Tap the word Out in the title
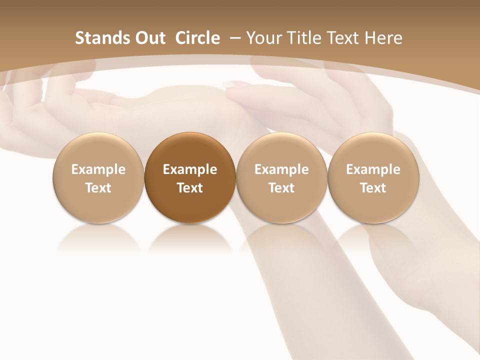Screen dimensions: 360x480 coord(148,38)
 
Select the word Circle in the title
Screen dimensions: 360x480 coord(197,38)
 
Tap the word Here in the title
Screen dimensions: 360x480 coord(383,38)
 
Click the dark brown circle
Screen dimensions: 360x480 coord(190,150)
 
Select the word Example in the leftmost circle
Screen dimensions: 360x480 coord(98,169)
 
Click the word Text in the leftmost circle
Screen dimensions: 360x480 coord(98,188)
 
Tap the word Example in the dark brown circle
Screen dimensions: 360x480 coord(190,169)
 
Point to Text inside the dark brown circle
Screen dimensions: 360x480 coord(190,188)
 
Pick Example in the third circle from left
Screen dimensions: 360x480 coord(281,169)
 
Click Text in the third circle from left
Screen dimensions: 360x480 coord(281,188)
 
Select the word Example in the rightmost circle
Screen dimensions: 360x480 coord(373,169)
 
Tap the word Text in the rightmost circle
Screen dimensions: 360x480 coord(373,188)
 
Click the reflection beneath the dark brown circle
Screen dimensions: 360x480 coord(190,237)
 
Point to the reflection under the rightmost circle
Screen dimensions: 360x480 coord(373,237)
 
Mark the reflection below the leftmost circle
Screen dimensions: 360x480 coord(98,237)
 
